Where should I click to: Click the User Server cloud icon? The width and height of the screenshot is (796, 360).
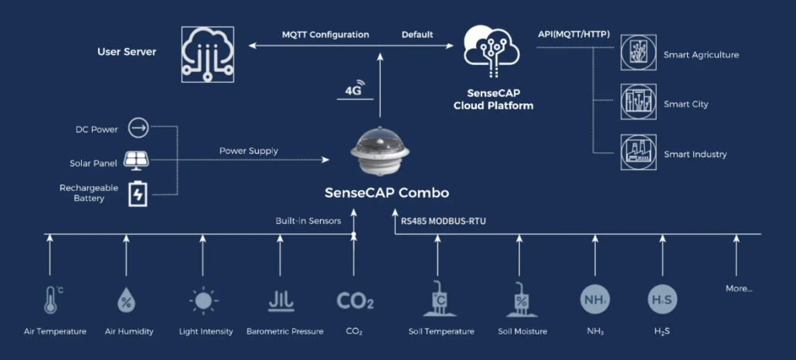pos(208,55)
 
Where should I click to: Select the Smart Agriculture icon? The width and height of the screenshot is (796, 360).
pos(638,53)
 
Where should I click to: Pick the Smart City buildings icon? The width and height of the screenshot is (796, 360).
pos(638,102)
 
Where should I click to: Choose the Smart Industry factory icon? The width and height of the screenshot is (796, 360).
pos(638,152)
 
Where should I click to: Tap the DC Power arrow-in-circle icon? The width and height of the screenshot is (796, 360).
pos(138,127)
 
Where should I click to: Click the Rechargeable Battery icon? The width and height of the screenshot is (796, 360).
pos(138,193)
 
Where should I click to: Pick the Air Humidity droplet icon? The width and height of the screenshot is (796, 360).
pos(125,301)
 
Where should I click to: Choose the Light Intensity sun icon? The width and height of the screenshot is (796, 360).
pos(203,301)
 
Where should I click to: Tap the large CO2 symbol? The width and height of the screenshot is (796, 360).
pos(355,301)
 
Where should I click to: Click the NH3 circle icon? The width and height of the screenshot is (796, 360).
pos(595,300)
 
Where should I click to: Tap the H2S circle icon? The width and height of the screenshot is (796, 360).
pos(662,300)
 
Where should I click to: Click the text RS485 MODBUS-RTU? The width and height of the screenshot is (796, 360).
pos(443,221)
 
